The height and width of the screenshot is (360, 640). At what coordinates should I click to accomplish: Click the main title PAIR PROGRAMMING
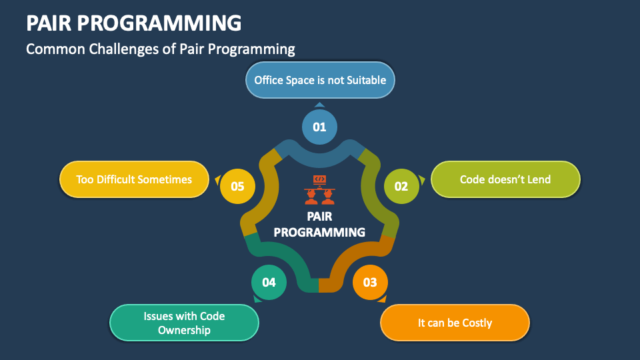coord(133,23)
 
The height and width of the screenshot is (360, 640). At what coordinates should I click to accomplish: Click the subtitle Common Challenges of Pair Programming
coord(160,49)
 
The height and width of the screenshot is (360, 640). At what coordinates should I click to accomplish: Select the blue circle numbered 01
coord(319,127)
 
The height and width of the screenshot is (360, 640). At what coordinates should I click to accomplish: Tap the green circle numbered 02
coord(401,186)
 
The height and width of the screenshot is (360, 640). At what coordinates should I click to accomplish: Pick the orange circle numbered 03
coord(369,282)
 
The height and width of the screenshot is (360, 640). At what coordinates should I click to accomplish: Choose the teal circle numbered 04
coord(269,282)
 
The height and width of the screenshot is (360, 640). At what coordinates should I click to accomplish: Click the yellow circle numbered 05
coord(237,186)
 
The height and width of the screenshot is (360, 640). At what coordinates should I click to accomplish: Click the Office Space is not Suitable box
coord(319,80)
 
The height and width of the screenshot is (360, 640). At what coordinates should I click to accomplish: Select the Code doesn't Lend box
coord(505,179)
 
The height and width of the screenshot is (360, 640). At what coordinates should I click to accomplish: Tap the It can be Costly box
coord(455,323)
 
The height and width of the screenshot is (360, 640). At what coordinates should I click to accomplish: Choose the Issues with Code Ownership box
coord(183,323)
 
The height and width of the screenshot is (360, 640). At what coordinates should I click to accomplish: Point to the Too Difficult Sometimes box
coord(134,179)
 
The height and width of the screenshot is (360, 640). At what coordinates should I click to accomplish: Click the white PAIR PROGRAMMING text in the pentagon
coord(319,225)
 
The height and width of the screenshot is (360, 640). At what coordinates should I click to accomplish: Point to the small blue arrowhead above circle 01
coord(319,104)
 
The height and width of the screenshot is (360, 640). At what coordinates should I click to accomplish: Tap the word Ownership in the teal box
coord(183,330)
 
